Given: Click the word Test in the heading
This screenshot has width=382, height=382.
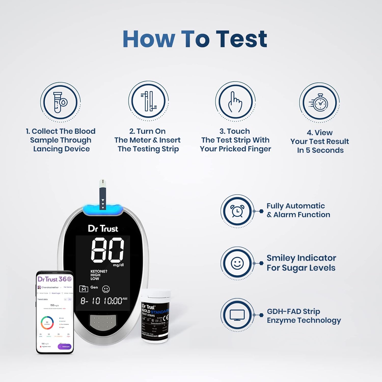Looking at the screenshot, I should click(243, 39).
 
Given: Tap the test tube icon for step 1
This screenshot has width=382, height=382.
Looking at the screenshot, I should click(60, 102).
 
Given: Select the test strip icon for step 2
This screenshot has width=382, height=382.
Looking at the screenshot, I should click(148, 101).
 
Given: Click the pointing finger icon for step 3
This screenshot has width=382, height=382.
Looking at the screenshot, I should click(235, 102).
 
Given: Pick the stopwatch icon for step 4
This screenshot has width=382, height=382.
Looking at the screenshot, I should click(319, 103).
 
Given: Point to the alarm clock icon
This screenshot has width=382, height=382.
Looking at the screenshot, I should click(237, 211).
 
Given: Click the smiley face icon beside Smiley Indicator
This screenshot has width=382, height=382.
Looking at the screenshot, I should click(237, 263).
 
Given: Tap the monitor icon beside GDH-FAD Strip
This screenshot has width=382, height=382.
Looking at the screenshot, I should click(237, 315).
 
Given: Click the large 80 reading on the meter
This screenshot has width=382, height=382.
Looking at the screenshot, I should click(107, 250).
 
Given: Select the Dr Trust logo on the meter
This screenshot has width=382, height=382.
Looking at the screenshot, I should click(103, 228).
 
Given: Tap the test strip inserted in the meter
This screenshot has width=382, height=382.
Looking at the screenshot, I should click(103, 194).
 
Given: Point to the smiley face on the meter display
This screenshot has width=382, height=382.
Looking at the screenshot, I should click(106, 289).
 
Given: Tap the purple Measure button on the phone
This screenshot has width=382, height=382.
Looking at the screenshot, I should click(65, 347).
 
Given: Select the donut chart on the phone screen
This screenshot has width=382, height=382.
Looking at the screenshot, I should click(47, 323).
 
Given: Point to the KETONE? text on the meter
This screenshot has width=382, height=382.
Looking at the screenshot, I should click(99, 271).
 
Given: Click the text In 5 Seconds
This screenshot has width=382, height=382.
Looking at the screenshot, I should click(320, 150).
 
